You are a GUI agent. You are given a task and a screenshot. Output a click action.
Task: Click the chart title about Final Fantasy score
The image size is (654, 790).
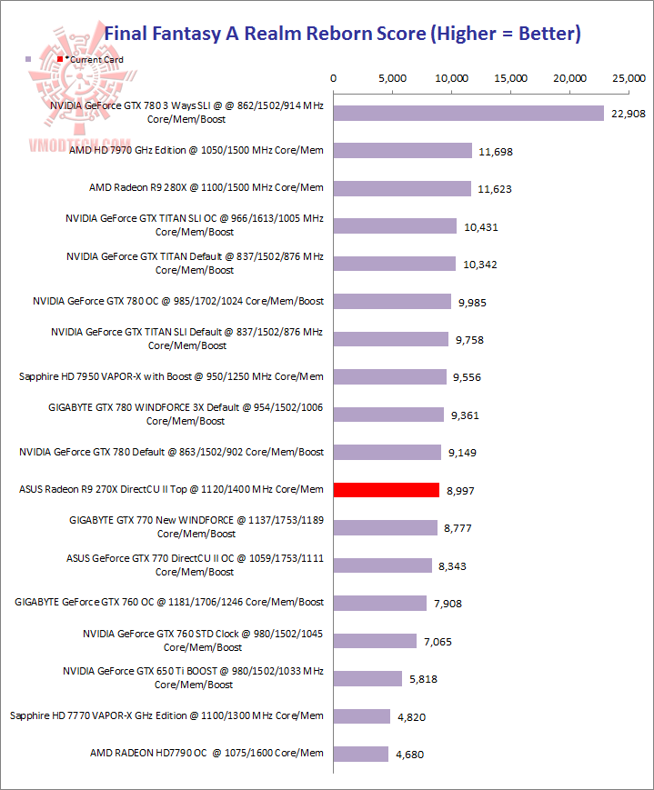point(342,35)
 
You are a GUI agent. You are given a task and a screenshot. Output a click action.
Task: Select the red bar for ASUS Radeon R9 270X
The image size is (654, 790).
point(387,490)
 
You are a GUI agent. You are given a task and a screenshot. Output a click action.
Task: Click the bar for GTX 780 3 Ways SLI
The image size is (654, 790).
point(468,113)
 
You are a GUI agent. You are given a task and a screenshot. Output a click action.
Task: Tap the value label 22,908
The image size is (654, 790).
point(628,113)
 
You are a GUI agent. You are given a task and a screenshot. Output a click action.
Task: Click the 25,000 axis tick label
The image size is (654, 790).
point(629,79)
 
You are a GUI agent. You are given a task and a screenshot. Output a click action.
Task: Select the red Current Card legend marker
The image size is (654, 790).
point(61,59)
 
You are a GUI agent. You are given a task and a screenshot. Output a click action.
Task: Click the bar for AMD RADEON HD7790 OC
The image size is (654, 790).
point(361,754)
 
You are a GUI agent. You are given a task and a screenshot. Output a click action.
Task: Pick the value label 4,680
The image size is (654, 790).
point(410,754)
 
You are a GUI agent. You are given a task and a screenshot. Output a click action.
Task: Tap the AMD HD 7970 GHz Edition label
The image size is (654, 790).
point(196,150)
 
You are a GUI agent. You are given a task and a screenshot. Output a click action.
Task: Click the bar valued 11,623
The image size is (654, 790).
point(402,188)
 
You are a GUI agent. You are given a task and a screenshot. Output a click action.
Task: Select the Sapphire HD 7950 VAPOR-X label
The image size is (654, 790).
point(171,376)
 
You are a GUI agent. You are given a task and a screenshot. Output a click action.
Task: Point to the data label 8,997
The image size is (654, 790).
point(461,490)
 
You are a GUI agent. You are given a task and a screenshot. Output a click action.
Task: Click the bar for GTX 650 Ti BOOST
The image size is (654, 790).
point(367,678)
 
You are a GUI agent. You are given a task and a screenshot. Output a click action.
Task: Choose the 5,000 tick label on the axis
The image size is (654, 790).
point(393,79)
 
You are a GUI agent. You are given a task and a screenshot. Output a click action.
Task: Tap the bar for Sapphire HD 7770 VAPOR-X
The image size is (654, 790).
point(362,716)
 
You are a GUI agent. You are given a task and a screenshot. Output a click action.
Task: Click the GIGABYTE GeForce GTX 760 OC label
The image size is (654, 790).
point(169,603)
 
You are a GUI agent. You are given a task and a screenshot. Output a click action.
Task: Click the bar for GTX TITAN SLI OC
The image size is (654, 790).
point(395,226)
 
